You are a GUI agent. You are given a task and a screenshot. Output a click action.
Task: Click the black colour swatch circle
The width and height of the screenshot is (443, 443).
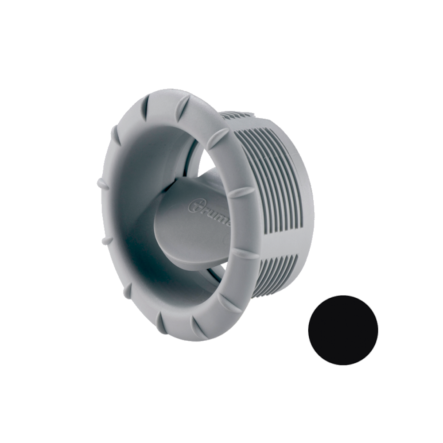tap(343, 330)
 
